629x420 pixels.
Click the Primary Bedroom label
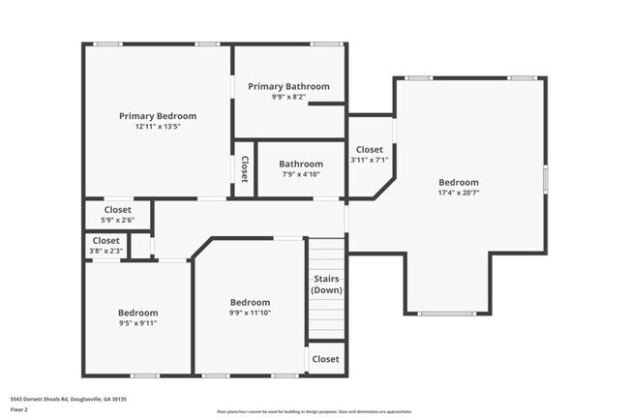click(x=158, y=116)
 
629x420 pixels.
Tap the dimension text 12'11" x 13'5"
click(x=158, y=127)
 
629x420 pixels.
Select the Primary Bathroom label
click(x=288, y=86)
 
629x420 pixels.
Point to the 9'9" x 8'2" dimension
click(x=288, y=97)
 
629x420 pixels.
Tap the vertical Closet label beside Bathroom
click(x=244, y=169)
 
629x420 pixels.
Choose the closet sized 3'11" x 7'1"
click(x=369, y=160)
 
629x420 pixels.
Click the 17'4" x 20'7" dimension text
click(x=458, y=193)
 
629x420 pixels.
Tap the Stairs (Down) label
click(x=326, y=285)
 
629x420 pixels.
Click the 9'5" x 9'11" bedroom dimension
click(x=137, y=323)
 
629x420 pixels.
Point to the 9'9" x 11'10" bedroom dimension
click(x=250, y=313)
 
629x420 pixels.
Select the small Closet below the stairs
click(x=326, y=359)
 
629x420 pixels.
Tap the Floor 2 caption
click(x=20, y=409)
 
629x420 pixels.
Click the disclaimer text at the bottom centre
click(x=314, y=411)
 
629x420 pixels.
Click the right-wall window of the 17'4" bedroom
click(x=546, y=178)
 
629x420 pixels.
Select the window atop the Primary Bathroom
click(x=325, y=44)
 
